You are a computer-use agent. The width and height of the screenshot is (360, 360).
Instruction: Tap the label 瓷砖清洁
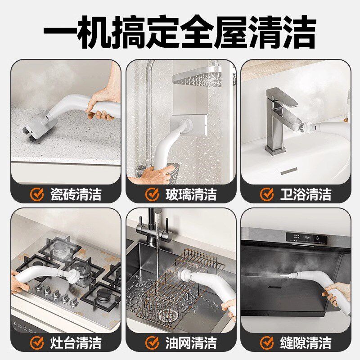pyautogui.click(x=76, y=194)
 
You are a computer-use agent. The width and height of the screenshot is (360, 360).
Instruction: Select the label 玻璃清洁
pyautogui.click(x=191, y=194)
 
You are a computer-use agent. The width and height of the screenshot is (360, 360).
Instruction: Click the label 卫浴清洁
pyautogui.click(x=306, y=194)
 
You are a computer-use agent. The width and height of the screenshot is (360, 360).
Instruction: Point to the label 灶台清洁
pyautogui.click(x=76, y=343)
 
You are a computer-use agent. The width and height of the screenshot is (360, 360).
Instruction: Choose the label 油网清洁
pyautogui.click(x=191, y=343)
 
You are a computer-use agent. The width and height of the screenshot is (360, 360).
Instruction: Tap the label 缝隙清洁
pyautogui.click(x=306, y=343)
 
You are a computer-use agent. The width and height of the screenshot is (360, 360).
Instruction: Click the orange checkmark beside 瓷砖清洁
pyautogui.click(x=37, y=194)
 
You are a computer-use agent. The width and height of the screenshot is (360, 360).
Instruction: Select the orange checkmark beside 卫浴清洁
pyautogui.click(x=267, y=194)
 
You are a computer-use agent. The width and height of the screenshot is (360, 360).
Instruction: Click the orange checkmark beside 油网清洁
pyautogui.click(x=152, y=343)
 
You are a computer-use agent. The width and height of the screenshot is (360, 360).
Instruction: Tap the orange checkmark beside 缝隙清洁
pyautogui.click(x=267, y=343)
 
